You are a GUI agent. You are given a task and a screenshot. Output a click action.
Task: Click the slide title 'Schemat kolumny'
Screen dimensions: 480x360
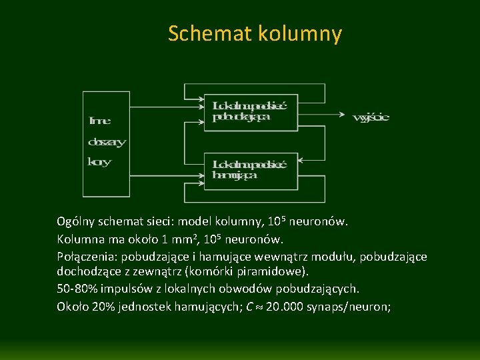255,33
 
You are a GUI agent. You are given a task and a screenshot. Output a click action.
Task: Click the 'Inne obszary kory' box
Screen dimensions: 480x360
106,143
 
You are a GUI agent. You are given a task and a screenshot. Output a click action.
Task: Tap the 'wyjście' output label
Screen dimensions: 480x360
371,118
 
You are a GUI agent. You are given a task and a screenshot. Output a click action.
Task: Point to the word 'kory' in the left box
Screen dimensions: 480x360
99,161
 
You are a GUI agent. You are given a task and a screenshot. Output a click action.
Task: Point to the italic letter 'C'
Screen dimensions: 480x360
249,307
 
